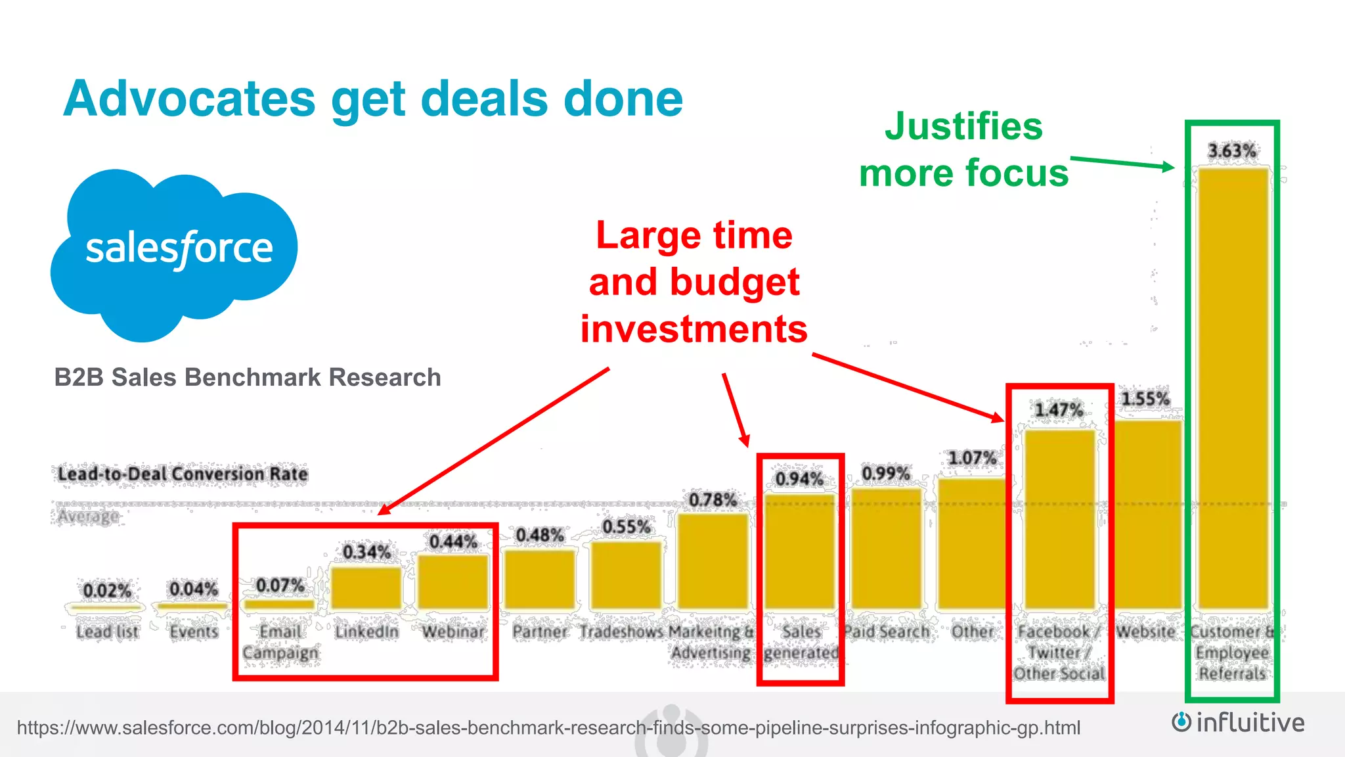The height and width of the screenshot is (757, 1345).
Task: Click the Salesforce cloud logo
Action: point(175,253)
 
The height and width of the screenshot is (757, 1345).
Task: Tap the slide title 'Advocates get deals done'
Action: point(373,99)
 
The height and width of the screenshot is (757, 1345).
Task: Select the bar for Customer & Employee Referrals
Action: point(1233,388)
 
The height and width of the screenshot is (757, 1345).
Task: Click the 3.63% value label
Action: point(1232,151)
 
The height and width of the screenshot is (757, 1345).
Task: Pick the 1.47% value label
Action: point(1059,410)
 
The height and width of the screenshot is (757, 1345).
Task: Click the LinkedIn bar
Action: point(366,587)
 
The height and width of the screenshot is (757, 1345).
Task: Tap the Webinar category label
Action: point(453,631)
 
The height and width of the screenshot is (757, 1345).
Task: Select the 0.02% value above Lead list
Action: point(107,590)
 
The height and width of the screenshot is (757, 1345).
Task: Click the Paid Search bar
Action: point(886,548)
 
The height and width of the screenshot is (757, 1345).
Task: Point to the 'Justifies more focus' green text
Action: point(963,150)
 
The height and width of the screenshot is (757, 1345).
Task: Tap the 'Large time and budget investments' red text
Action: point(694,282)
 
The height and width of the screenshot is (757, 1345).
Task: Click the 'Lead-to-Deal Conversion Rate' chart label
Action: point(183,474)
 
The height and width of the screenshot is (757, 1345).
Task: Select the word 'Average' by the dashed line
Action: point(88,516)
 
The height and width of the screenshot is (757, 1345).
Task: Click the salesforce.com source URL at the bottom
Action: point(548,727)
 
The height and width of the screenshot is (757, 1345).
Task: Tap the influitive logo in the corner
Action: point(1238,723)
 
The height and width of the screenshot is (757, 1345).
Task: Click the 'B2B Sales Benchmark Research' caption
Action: point(248,377)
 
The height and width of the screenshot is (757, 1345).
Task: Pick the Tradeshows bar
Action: point(626,575)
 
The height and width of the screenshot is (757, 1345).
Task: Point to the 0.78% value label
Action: point(713,500)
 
